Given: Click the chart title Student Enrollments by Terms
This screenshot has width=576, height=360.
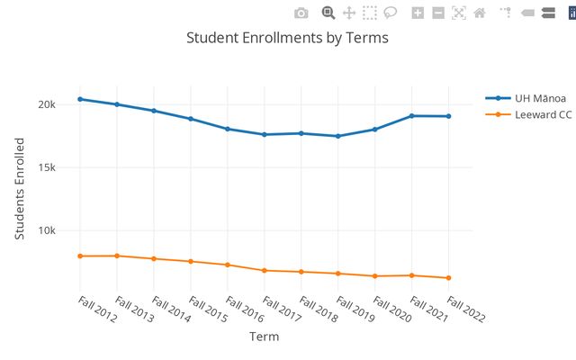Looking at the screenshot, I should [287, 38].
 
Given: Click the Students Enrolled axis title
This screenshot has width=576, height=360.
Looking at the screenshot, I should [20, 188].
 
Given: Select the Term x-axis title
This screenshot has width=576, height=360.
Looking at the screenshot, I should [264, 337].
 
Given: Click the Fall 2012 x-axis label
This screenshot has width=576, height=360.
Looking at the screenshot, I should [96, 309].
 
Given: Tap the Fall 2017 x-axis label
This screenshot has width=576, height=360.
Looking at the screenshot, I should [281, 309].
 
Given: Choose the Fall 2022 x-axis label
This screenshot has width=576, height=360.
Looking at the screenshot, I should [465, 309].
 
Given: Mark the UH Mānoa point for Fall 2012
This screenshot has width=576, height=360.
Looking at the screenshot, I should [80, 99].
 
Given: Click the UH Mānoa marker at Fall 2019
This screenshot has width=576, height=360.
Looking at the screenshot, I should [337, 136].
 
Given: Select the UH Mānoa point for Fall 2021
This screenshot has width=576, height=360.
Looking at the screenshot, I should [411, 116].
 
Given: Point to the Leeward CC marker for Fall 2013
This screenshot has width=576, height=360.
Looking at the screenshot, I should [117, 256].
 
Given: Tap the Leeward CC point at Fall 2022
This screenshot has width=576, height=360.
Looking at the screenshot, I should [448, 278].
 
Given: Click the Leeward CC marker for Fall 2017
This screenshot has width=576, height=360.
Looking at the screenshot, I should [264, 270].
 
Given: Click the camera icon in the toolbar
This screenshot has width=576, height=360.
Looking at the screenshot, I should [301, 13].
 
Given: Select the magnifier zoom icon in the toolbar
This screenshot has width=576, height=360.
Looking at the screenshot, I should [328, 13].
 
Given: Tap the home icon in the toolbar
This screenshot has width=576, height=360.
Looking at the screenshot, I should [480, 13].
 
